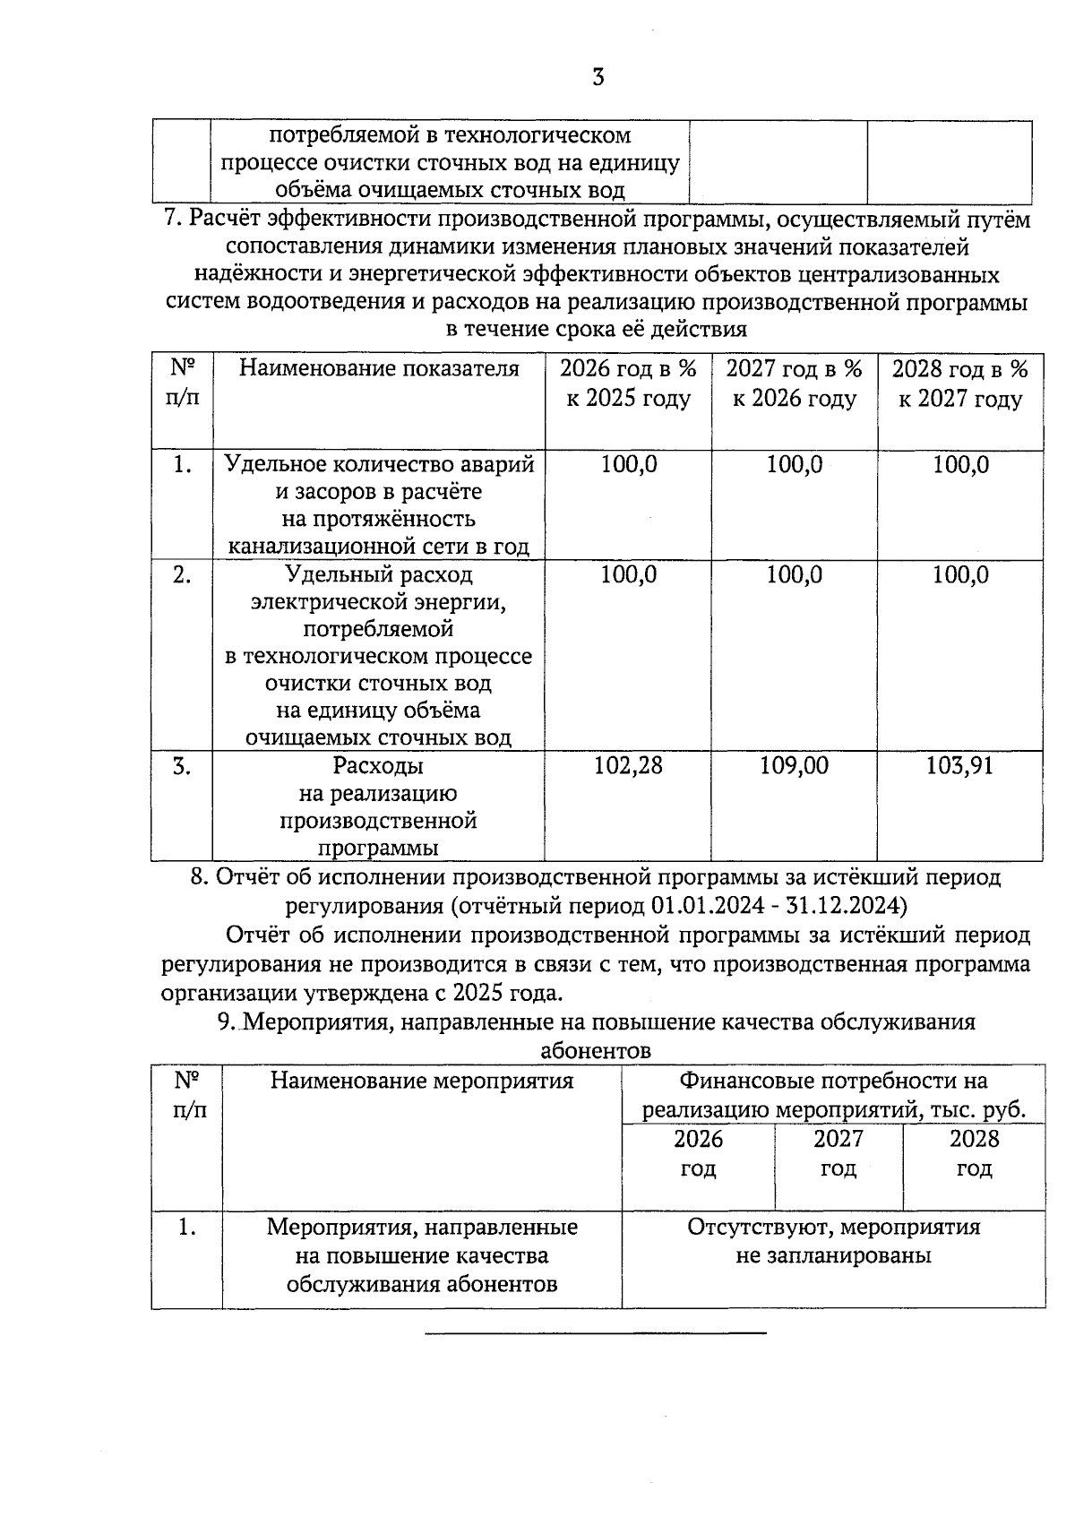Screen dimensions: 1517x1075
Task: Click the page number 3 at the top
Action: (598, 78)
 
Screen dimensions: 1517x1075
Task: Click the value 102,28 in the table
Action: (628, 765)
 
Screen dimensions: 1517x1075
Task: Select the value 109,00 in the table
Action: (794, 765)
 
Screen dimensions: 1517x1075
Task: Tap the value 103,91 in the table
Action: (959, 765)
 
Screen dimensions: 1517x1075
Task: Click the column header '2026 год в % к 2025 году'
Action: (628, 384)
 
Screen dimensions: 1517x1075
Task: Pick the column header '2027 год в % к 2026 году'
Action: (794, 384)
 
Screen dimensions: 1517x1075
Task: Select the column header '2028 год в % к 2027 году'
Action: (960, 384)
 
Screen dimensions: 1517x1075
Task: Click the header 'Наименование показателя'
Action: (379, 369)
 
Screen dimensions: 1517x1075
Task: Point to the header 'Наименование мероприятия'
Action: (422, 1081)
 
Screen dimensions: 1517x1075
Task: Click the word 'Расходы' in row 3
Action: (378, 766)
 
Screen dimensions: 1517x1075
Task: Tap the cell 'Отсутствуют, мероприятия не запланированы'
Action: (833, 1240)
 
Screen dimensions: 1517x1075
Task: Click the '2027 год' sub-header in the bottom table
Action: (838, 1153)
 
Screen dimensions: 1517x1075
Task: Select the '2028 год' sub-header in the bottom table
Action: (974, 1153)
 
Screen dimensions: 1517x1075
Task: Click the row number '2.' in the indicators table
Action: (182, 575)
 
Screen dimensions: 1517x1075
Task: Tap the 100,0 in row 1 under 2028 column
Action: (960, 465)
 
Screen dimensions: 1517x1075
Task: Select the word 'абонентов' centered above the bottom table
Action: (596, 1050)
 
